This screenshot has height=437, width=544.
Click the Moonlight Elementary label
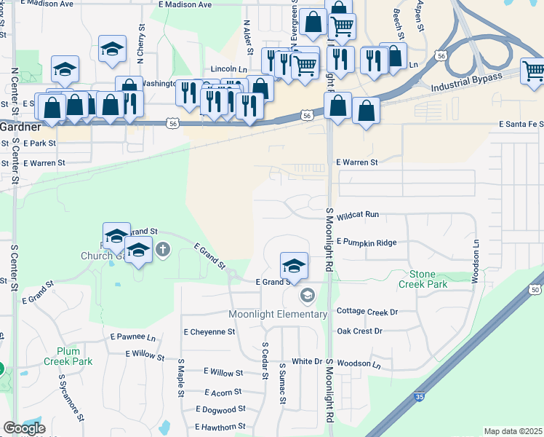coord(278,314)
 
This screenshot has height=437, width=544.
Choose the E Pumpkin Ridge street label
coord(367,242)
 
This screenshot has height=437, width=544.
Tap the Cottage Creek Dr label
coord(368,312)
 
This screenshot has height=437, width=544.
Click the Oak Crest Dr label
coord(359,331)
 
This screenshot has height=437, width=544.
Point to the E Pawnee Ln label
coord(132,338)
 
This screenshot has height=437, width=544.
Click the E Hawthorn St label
coord(220,427)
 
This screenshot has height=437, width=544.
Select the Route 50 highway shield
coord(535,291)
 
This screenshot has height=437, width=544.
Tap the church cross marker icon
coord(162,250)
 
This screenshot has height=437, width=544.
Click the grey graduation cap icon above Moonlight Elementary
coord(307,295)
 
